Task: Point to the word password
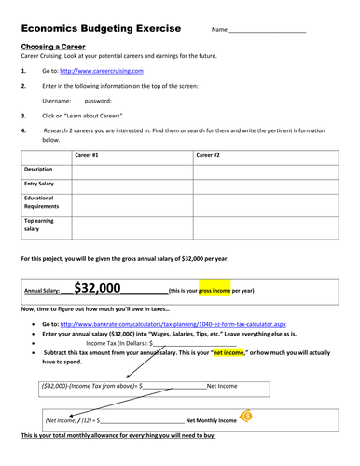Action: pyautogui.click(x=98, y=100)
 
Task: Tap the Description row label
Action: pyautogui.click(x=39, y=170)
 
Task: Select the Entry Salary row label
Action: pyautogui.click(x=41, y=185)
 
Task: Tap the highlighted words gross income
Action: pyautogui.click(x=215, y=291)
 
